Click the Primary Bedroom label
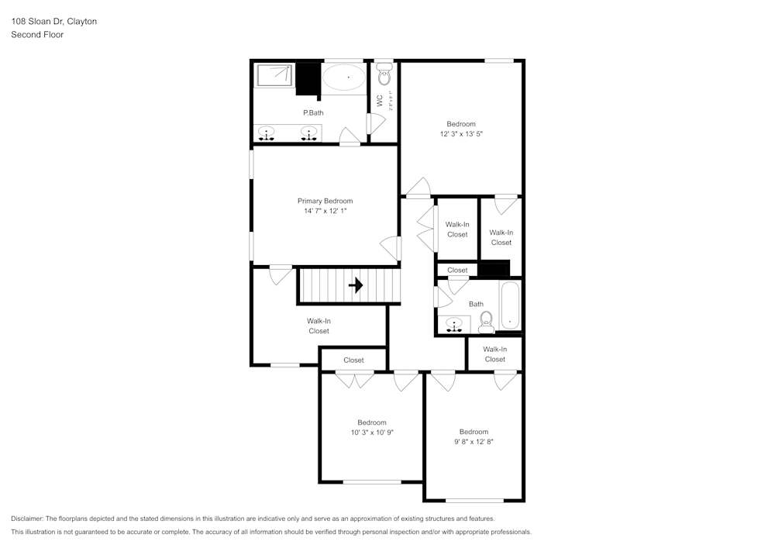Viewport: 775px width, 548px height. point(325,201)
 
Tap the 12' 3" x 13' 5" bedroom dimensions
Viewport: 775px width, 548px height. point(461,134)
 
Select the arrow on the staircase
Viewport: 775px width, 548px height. point(356,285)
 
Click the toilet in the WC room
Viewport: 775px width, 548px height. point(384,75)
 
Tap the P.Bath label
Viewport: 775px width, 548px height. point(313,113)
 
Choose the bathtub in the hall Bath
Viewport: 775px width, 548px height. point(511,306)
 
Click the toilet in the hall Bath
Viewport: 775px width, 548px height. point(487,320)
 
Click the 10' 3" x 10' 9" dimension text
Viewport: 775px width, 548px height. point(372,433)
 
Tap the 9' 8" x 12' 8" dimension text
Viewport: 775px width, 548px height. point(474,442)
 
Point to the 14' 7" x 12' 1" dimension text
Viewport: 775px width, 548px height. point(325,211)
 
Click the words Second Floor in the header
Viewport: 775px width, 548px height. point(37,35)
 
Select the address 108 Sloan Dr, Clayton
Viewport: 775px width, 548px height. point(54,22)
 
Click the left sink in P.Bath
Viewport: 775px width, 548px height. point(267,134)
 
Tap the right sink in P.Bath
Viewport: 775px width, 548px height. point(310,134)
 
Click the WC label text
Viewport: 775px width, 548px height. point(380,100)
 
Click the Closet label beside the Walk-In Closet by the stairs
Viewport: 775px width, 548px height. point(353,360)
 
